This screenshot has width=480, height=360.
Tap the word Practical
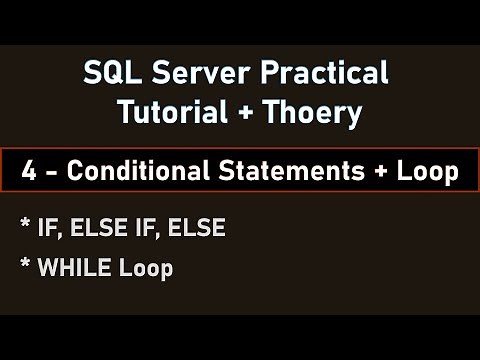(322, 73)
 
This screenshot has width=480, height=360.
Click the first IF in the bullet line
(46, 229)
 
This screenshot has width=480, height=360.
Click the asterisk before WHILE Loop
(23, 266)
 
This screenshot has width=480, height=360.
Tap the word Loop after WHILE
(146, 268)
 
